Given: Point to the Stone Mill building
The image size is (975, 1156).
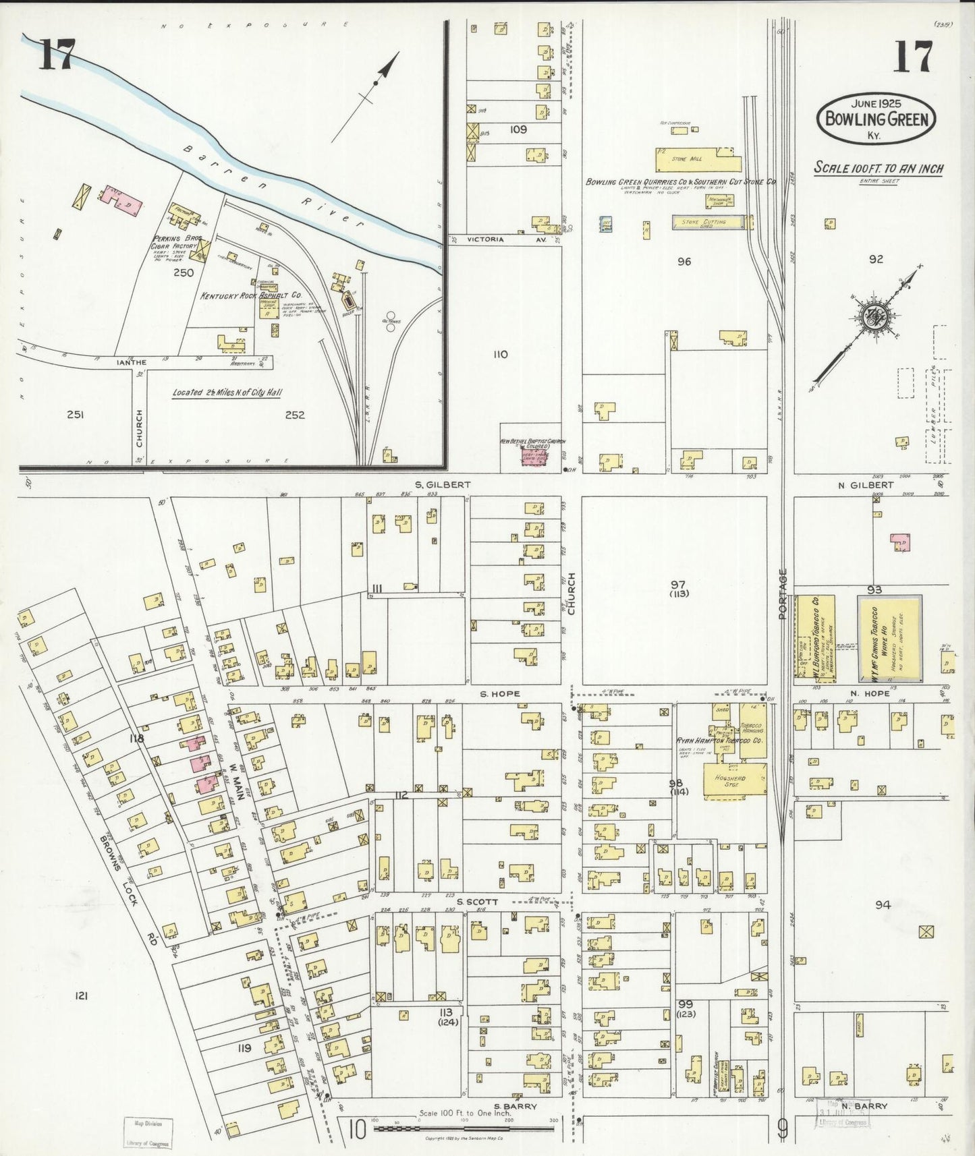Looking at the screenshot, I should (697, 160).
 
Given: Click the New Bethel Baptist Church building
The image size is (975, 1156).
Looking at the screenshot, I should (533, 457).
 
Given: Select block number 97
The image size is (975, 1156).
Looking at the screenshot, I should (677, 583).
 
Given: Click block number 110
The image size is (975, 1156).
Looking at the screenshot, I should (500, 354).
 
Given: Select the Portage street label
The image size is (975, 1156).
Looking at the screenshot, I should (783, 594).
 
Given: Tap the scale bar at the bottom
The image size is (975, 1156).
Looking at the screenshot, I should (463, 1128).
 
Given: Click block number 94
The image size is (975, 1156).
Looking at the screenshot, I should (883, 905).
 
